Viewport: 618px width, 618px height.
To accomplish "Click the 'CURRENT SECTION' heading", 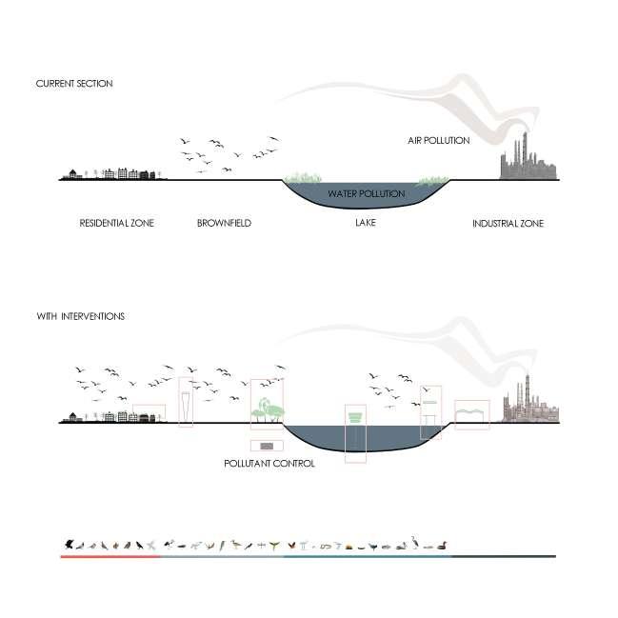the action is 74,84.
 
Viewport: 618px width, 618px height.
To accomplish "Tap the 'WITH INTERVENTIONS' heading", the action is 80,316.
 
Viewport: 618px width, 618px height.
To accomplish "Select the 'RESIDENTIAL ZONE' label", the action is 116,224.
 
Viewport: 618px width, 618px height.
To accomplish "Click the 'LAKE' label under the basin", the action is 366,224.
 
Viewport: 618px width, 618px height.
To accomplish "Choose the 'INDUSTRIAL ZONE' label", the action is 508,224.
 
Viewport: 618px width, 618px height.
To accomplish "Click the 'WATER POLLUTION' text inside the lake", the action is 367,194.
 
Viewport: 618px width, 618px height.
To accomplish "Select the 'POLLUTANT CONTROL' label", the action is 269,463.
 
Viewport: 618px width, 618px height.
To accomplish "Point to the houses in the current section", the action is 110,173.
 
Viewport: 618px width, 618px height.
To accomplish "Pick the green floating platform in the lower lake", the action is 355,417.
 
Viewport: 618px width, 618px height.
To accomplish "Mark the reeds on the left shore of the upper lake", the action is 302,178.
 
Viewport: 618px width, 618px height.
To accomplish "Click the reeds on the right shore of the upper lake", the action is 434,179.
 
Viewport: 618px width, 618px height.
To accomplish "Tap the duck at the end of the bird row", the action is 442,546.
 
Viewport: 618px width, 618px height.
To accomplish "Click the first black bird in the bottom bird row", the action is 70,545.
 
